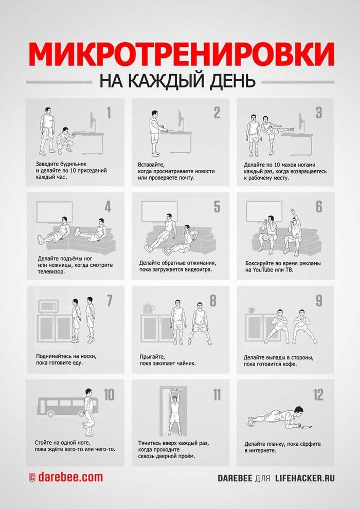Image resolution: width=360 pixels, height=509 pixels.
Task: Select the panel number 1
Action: (109, 113)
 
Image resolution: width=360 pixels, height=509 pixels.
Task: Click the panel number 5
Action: (217, 207)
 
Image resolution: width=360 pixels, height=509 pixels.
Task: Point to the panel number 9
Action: (318, 300)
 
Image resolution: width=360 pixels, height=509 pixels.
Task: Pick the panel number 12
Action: (318, 395)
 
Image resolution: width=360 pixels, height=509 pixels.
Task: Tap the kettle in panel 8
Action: (148, 308)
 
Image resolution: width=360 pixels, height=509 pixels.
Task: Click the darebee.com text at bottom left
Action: (69, 478)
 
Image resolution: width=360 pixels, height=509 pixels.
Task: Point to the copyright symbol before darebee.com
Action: (31, 478)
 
